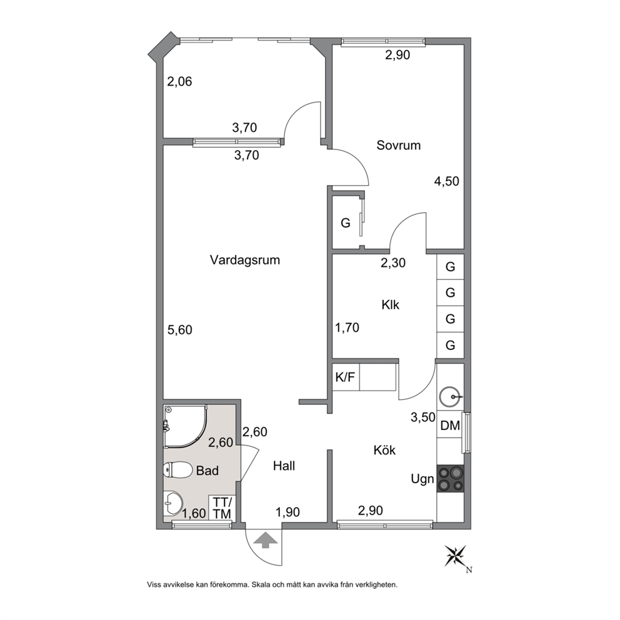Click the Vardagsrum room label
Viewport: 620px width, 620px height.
(245, 260)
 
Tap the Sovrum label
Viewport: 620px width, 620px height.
(398, 145)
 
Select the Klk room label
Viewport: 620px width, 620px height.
(390, 305)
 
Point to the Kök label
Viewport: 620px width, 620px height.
(384, 450)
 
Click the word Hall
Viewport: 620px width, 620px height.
(284, 466)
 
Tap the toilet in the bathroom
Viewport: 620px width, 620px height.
(177, 470)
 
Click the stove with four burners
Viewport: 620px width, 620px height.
(450, 479)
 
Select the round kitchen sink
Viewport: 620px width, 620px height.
(450, 396)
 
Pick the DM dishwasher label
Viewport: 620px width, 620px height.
(450, 426)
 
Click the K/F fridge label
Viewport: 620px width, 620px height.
(345, 377)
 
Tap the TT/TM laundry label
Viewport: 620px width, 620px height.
(222, 508)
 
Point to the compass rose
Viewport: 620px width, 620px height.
(456, 556)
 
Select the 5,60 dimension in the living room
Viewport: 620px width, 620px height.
(179, 330)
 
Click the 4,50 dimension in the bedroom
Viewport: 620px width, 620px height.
(446, 181)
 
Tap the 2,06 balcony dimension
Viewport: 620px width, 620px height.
(179, 81)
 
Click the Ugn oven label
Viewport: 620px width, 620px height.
(422, 479)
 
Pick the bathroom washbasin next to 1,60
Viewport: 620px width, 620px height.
(173, 503)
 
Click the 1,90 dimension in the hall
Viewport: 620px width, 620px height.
(287, 512)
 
